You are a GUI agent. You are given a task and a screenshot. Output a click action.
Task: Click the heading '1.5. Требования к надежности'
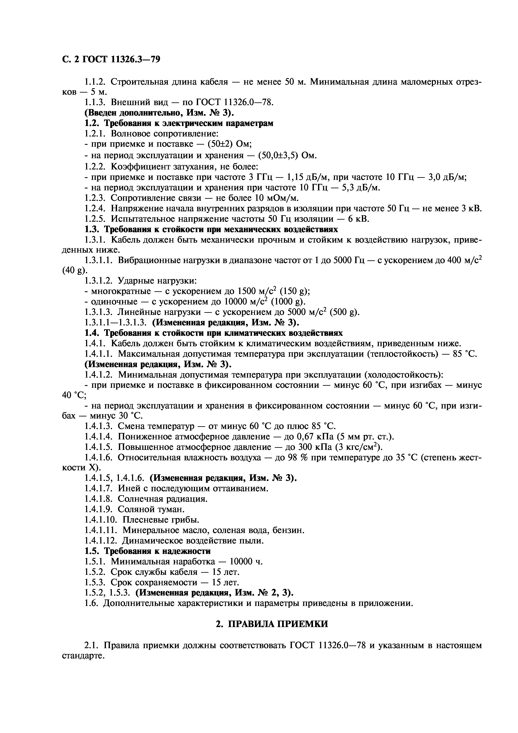(x=148, y=551)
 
